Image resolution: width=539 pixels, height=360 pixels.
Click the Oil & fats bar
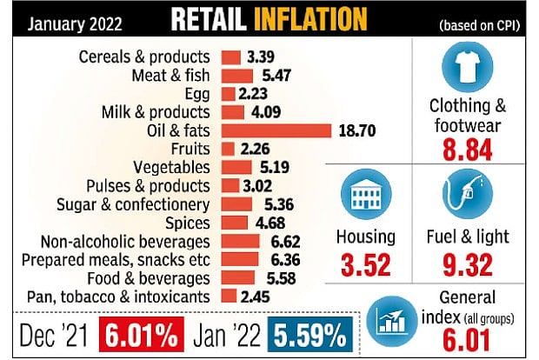(x=276, y=130)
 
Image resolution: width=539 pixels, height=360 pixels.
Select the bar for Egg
(x=228, y=94)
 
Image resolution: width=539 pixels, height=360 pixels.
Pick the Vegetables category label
(x=171, y=167)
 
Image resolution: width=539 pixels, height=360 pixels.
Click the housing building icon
(x=365, y=196)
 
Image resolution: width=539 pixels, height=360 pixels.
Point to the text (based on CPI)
(x=482, y=22)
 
